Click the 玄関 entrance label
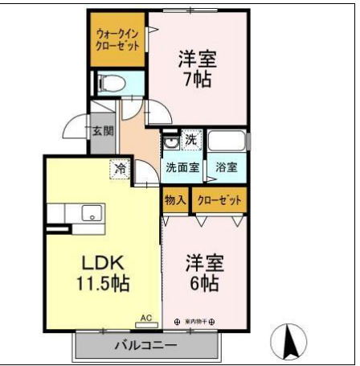(102, 130)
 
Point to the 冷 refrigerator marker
(119, 169)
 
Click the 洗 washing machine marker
(190, 139)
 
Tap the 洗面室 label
(183, 168)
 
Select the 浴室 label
(226, 168)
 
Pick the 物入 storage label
(175, 199)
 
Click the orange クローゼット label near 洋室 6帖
(219, 199)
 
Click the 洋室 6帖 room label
(205, 273)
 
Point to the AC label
(146, 319)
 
